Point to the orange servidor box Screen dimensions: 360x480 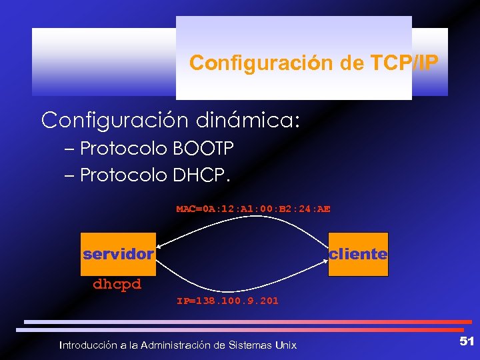pos(118,254)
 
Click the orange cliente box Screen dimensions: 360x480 pos(358,254)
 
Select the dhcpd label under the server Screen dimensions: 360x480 pos(117,284)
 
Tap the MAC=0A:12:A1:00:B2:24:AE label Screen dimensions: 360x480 pos(253,209)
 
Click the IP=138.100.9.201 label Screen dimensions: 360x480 pos(227,301)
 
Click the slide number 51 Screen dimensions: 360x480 pos(467,341)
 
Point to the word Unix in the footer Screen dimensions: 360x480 pos(285,345)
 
